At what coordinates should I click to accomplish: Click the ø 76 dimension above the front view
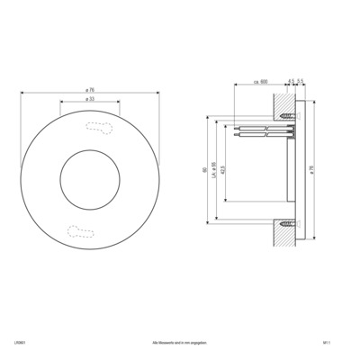click(90, 90)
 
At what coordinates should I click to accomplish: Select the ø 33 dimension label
click(90, 101)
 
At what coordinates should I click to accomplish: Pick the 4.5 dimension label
click(292, 82)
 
